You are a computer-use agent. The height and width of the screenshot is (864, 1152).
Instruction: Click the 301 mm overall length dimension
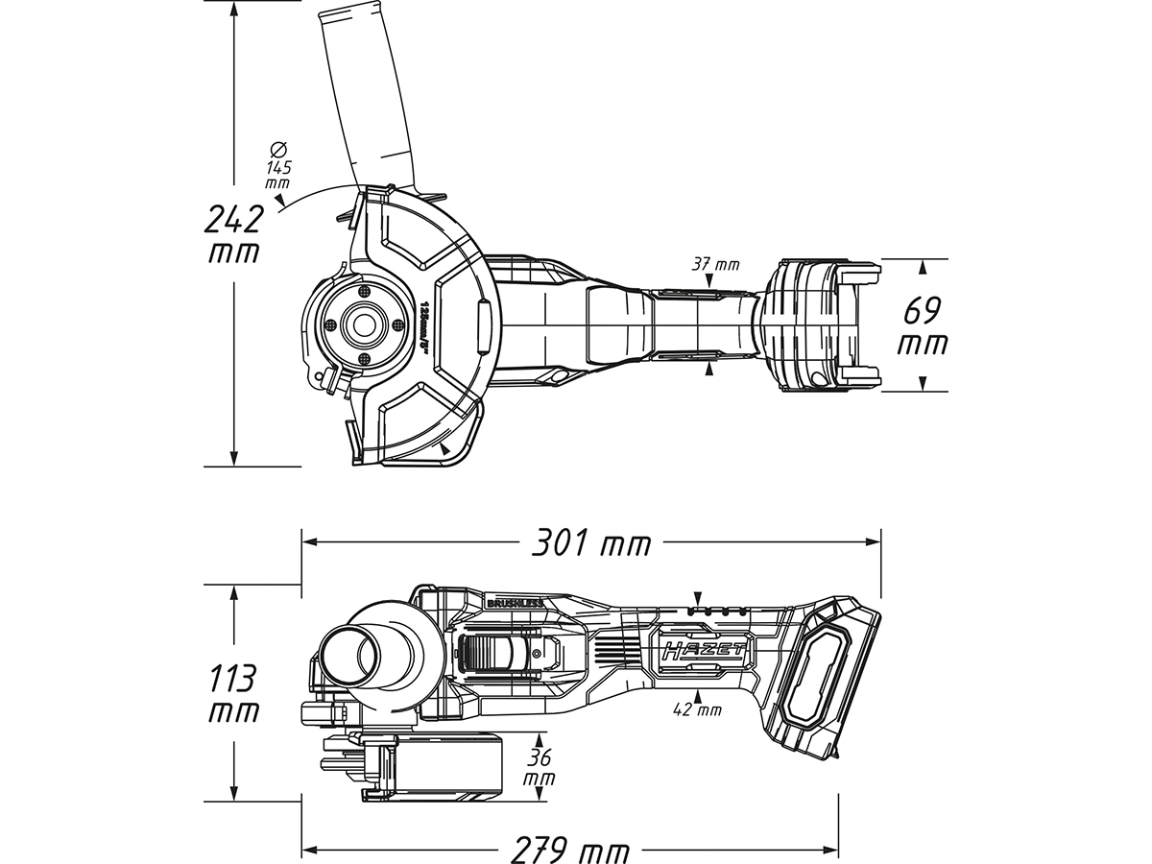(591, 544)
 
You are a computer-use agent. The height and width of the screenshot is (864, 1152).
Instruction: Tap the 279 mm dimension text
(570, 851)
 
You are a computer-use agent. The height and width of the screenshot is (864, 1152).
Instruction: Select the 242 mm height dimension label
(233, 235)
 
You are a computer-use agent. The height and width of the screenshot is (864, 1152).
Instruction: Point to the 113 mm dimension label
(233, 694)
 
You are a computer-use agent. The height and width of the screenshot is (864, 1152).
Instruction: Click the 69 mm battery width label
(922, 326)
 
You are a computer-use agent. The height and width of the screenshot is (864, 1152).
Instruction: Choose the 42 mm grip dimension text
(698, 710)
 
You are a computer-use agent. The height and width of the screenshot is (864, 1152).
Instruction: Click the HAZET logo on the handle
(702, 650)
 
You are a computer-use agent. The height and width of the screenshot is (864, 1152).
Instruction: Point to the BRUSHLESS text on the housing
(516, 604)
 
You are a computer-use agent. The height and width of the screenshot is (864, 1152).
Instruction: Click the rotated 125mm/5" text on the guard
(423, 326)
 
